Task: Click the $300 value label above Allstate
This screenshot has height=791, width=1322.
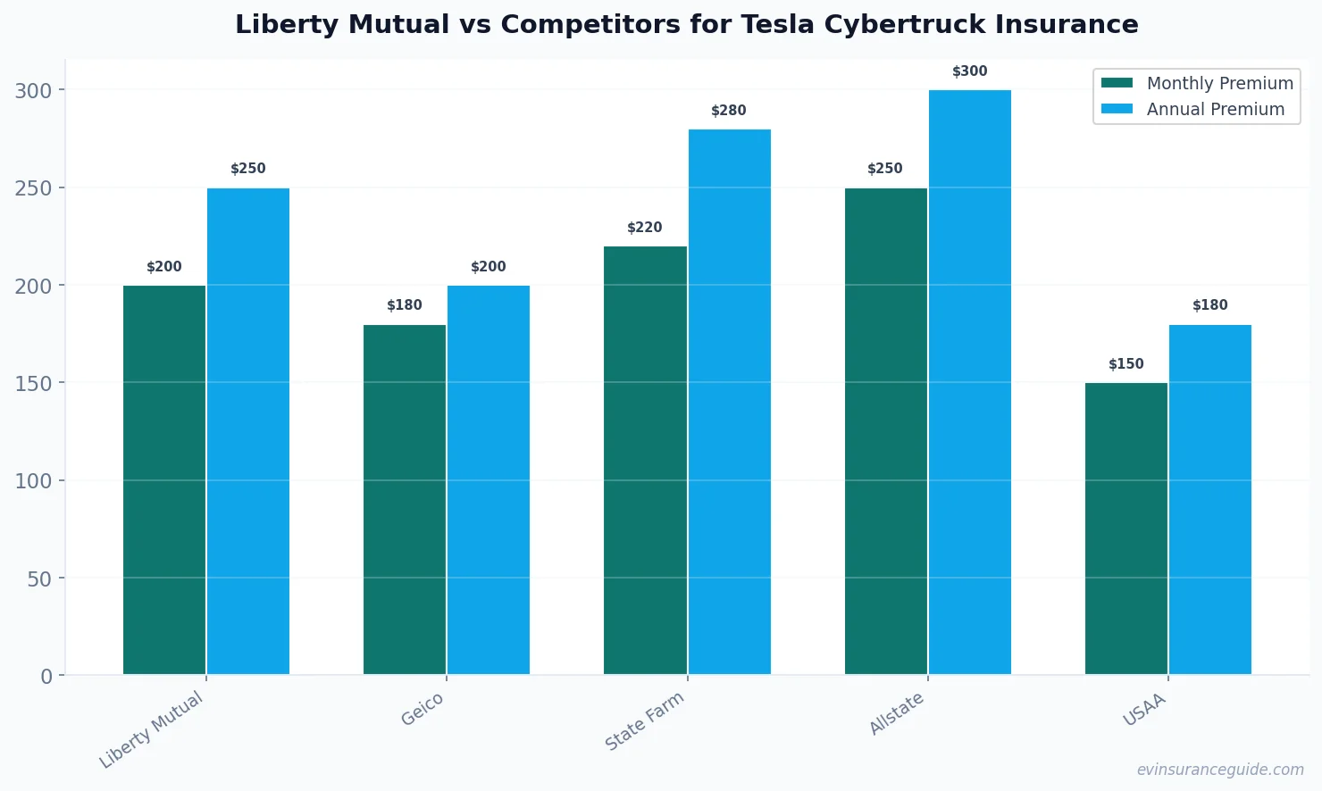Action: (970, 71)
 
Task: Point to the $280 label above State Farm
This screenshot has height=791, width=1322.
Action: (729, 111)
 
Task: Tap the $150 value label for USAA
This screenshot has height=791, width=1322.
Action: (1126, 364)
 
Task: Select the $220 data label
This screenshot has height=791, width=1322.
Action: (645, 228)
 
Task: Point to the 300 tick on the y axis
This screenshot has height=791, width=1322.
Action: (33, 91)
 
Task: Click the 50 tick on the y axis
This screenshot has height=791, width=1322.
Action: (39, 579)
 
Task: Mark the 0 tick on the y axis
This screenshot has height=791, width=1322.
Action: (46, 677)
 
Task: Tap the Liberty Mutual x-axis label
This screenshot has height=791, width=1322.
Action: (152, 729)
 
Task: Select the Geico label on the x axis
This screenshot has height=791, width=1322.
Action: (422, 709)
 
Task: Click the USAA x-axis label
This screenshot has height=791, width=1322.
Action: (1144, 709)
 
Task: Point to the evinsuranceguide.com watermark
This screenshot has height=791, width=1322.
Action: (1220, 770)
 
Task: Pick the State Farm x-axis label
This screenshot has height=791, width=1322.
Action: (644, 720)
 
